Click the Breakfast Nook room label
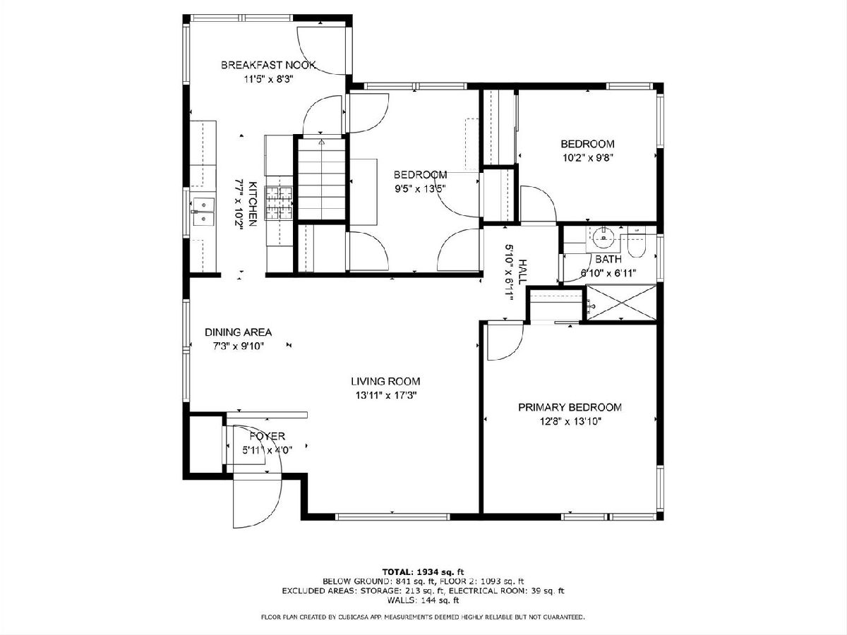269,65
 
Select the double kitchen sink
203,212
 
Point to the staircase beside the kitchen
321,179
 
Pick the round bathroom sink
603,237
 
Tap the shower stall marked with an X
621,303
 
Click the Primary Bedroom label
570,408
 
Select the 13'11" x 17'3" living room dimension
385,396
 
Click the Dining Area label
238,332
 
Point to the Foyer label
267,437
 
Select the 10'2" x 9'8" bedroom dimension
587,158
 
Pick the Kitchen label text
253,204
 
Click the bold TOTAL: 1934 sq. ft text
423,571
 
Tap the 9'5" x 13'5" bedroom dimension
420,189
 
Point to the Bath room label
608,259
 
